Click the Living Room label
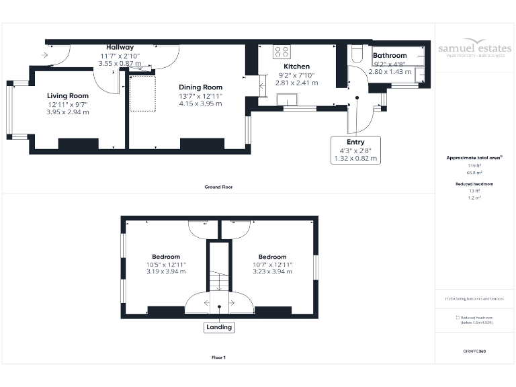point(68,95)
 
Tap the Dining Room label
point(200,87)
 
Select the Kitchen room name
point(296,67)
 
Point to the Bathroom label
point(390,55)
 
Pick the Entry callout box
point(355,150)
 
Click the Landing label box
point(219,327)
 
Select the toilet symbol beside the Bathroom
point(357,54)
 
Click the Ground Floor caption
point(219,187)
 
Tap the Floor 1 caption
point(218,357)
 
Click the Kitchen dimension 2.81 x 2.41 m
point(296,83)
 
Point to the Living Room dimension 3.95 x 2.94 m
point(68,112)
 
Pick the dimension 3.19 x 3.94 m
point(165,273)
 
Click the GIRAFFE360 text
point(474,351)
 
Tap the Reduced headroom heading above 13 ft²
point(474,183)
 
